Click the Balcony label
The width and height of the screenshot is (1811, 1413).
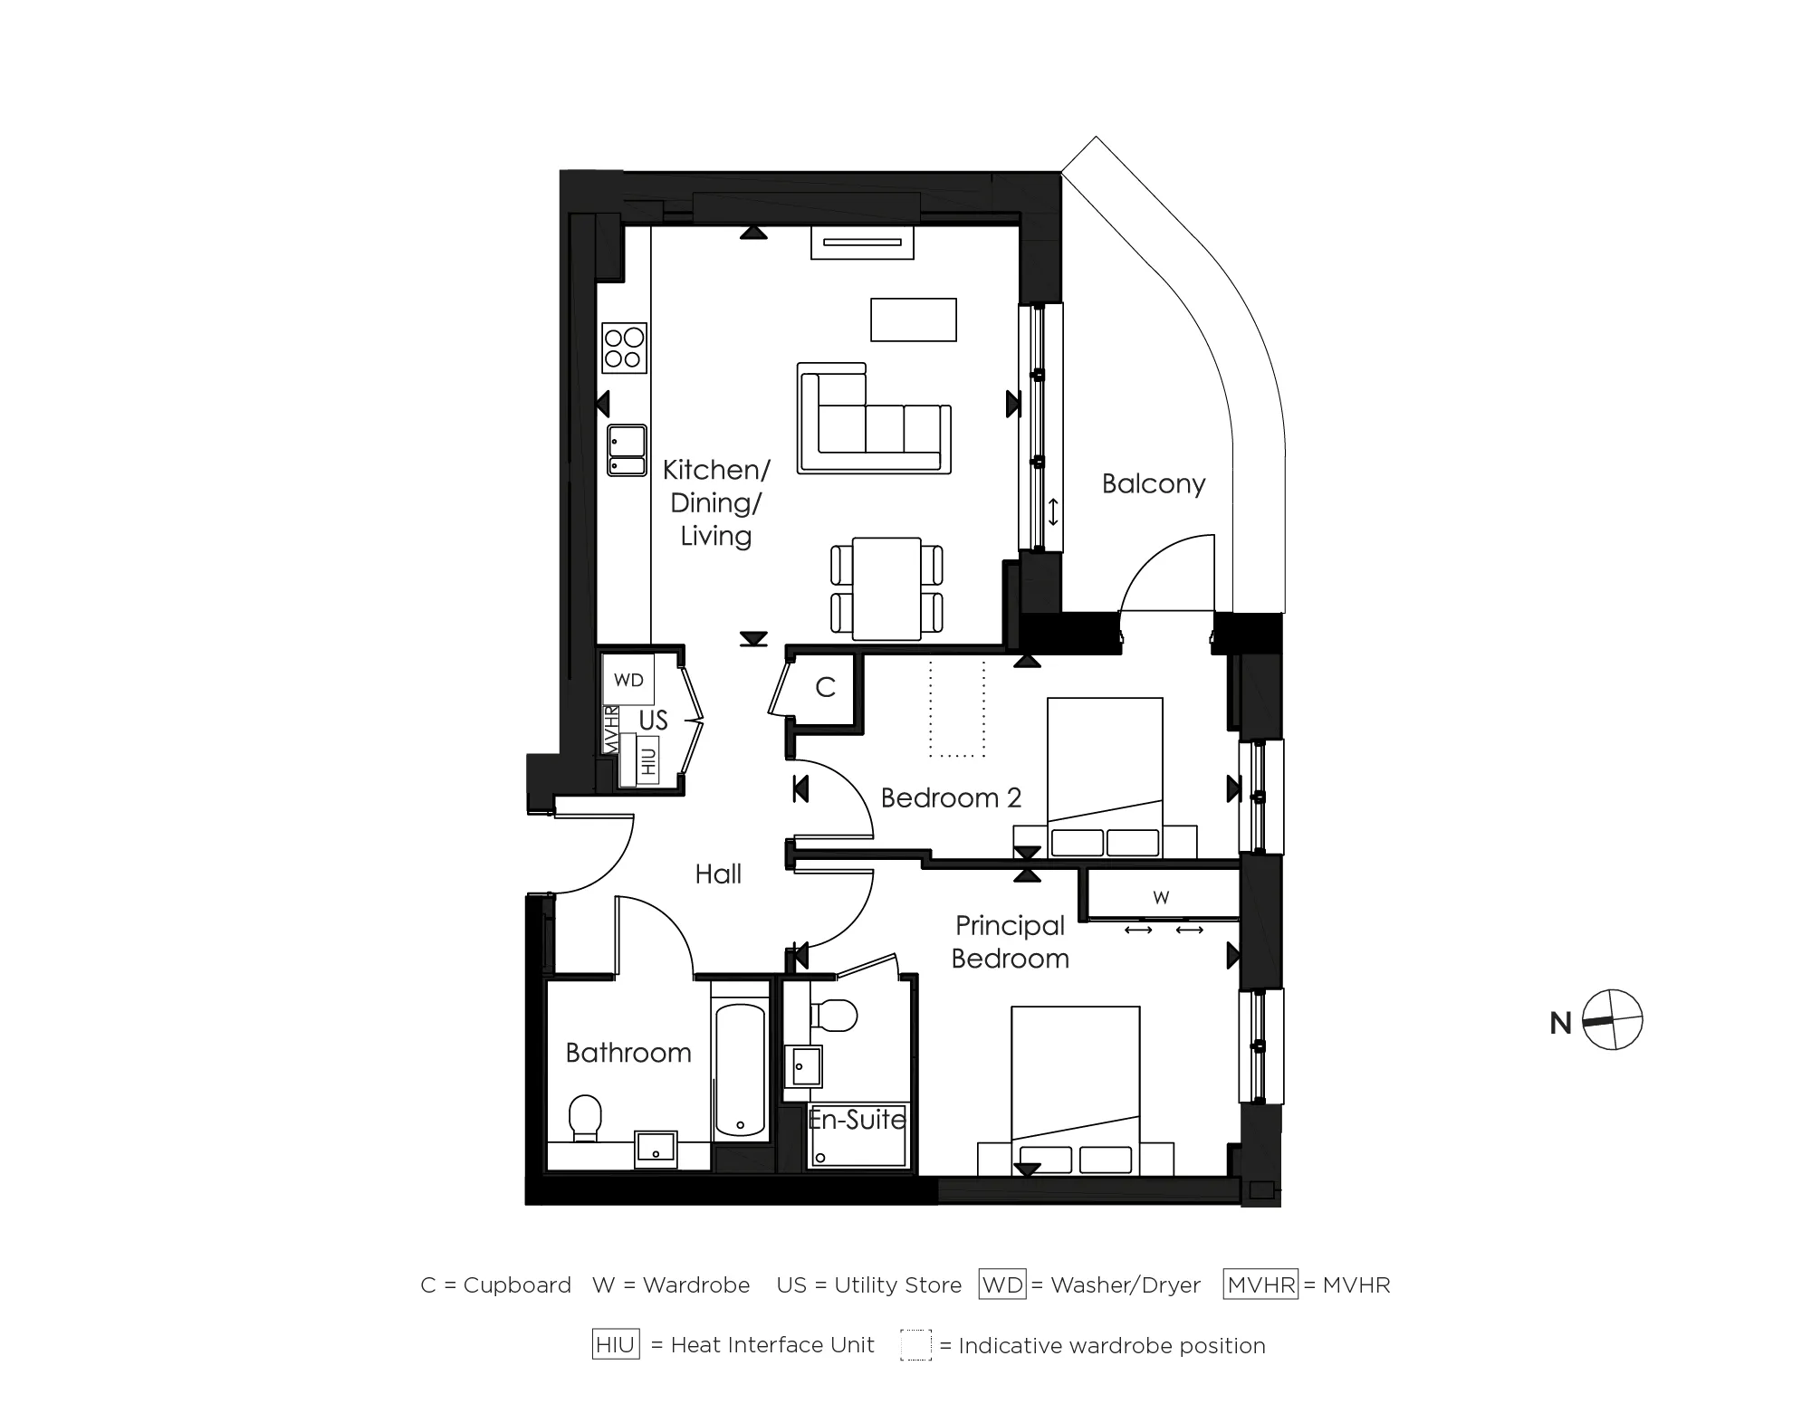(1153, 483)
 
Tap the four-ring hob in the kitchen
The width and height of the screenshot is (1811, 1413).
(624, 348)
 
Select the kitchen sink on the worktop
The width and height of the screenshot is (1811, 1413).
(627, 450)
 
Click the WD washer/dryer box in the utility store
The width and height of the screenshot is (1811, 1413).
(628, 680)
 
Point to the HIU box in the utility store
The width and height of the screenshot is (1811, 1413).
(647, 760)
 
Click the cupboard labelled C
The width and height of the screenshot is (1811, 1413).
(825, 687)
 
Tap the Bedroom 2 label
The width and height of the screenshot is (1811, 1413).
(950, 797)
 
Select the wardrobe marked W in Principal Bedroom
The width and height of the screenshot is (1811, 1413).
(1162, 897)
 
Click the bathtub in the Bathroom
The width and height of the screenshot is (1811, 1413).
(740, 1070)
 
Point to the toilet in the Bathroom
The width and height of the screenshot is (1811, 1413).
(585, 1118)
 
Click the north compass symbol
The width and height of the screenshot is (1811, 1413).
(1613, 1020)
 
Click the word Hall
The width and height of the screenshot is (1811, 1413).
(718, 874)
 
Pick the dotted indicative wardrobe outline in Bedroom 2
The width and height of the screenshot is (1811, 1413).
(957, 708)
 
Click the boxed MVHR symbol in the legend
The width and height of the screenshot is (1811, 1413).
(1260, 1284)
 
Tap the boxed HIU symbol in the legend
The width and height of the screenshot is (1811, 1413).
(616, 1344)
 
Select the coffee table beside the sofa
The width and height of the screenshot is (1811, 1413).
(913, 320)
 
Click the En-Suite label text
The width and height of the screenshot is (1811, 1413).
(857, 1120)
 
